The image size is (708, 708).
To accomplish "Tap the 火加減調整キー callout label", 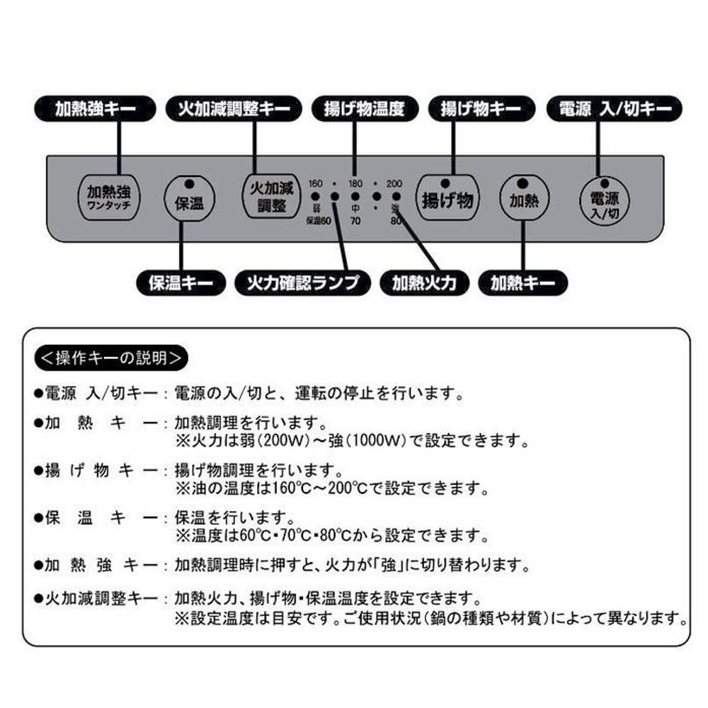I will (x=228, y=109).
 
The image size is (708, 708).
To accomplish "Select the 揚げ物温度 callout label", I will (x=363, y=109).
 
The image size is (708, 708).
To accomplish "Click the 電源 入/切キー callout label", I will (x=615, y=109).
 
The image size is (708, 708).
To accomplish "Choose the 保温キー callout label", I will (x=181, y=284).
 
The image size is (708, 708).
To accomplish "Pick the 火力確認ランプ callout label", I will (x=303, y=284).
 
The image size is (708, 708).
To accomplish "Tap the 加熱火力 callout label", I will (x=424, y=284).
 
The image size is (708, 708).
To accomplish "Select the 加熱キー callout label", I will (x=523, y=284).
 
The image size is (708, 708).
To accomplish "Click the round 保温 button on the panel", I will (x=188, y=202).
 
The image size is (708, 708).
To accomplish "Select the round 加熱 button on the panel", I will (x=524, y=200).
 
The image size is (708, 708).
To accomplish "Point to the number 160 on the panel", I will (x=315, y=184).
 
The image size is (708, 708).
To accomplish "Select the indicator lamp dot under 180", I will (x=355, y=197).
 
